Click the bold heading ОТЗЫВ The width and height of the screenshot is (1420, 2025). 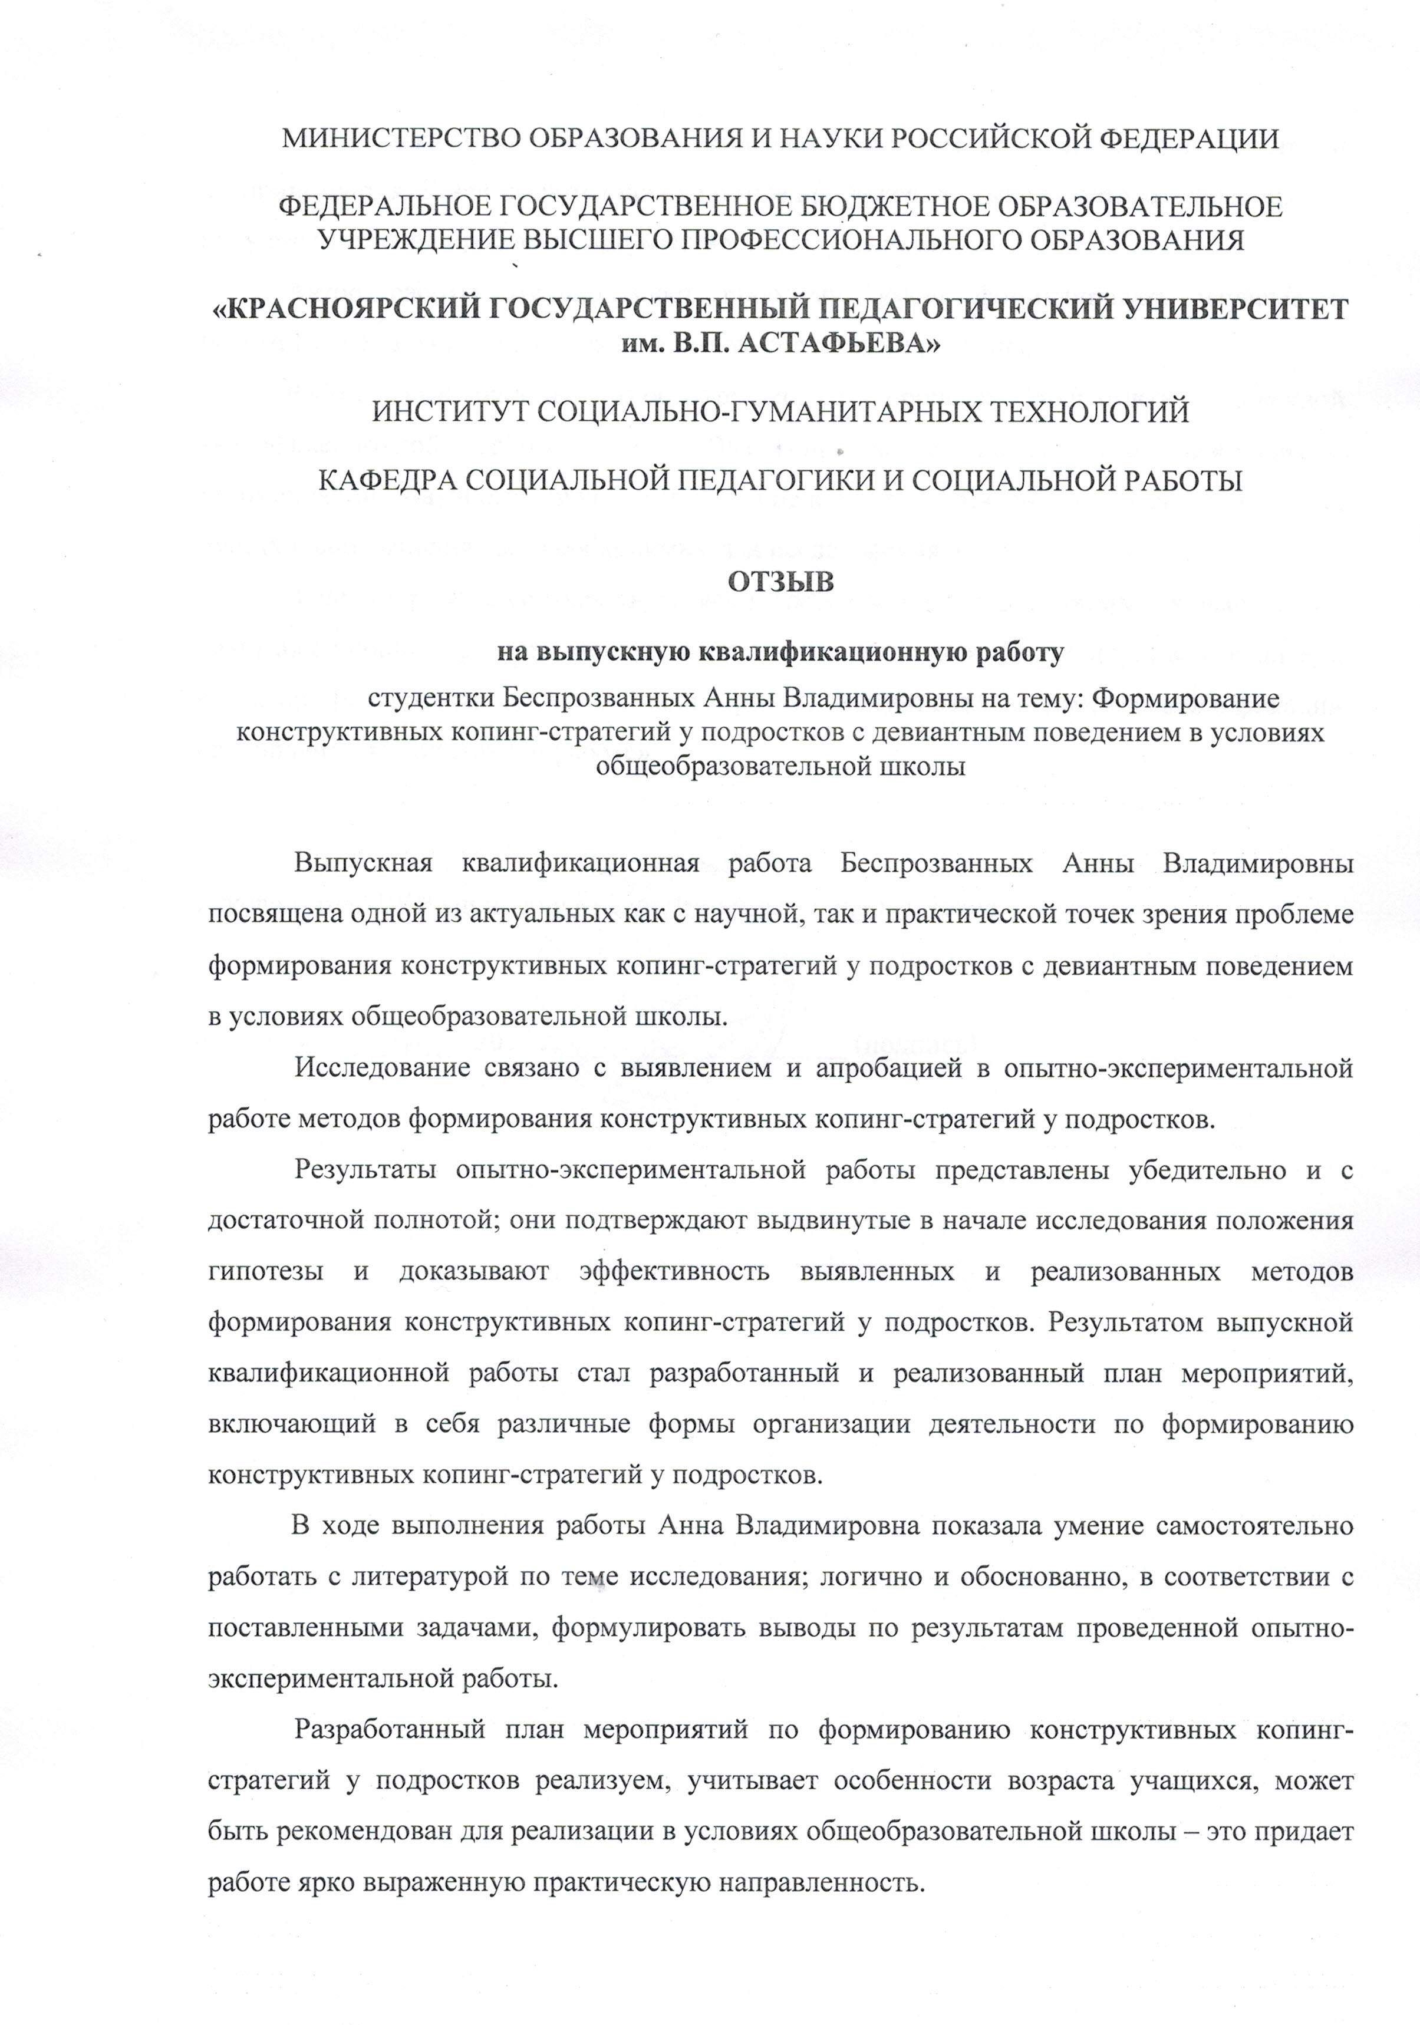pos(779,583)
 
